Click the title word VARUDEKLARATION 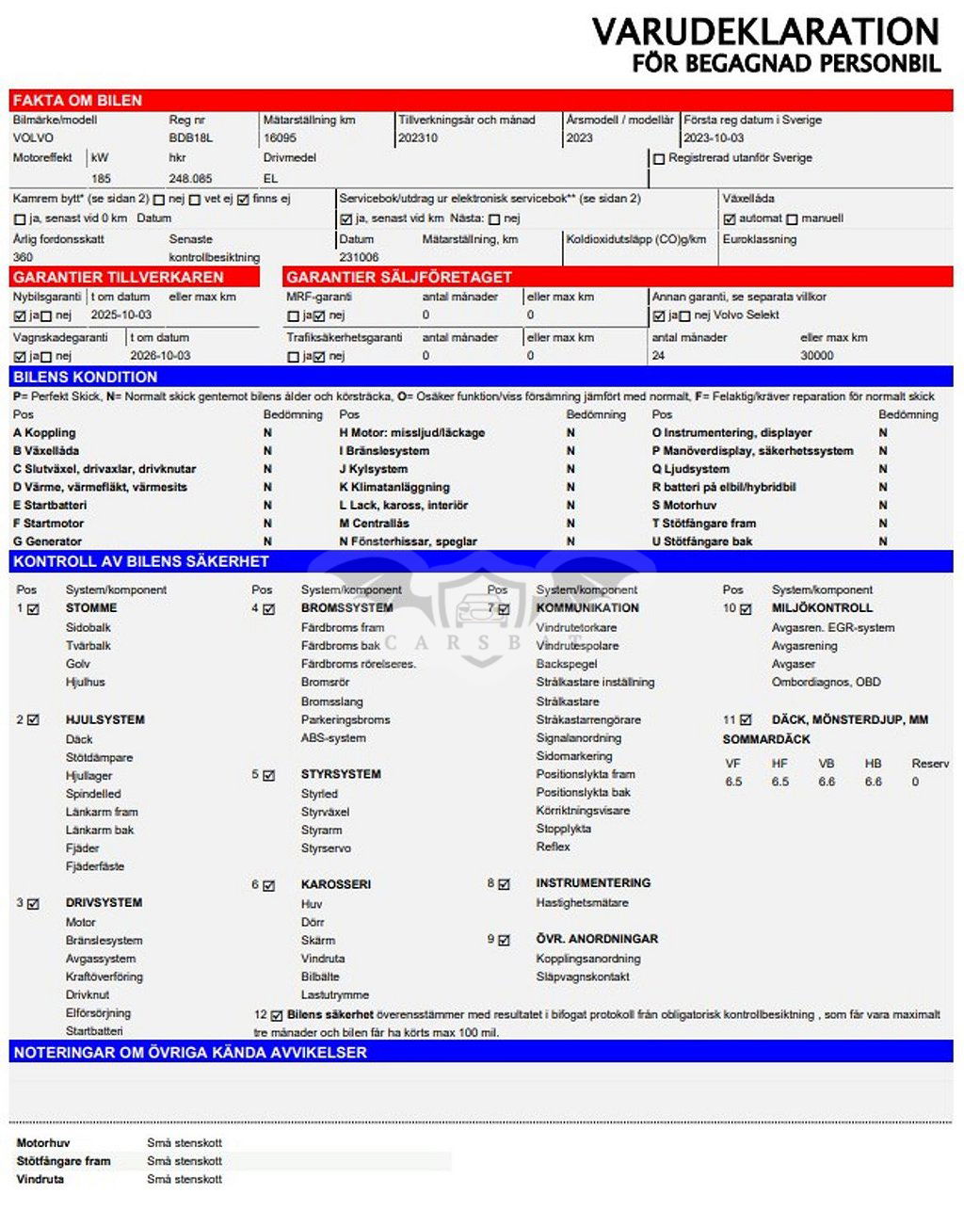[x=764, y=32]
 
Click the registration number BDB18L [x=191, y=137]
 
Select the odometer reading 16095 [x=280, y=137]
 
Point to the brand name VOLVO [x=33, y=137]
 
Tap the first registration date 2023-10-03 [x=713, y=137]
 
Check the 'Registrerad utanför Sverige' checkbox [x=659, y=159]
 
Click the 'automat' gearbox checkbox [x=730, y=219]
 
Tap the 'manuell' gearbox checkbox [x=792, y=219]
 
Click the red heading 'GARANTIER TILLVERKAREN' [x=119, y=277]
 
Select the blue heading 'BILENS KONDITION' [x=86, y=377]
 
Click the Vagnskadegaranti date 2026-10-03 [x=160, y=356]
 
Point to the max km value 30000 [x=816, y=356]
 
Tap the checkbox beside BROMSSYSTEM [x=269, y=609]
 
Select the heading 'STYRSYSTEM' [x=341, y=774]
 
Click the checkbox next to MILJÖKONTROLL [x=746, y=609]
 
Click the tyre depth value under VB [x=827, y=782]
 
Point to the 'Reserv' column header [x=930, y=764]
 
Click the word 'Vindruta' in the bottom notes [x=40, y=1179]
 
